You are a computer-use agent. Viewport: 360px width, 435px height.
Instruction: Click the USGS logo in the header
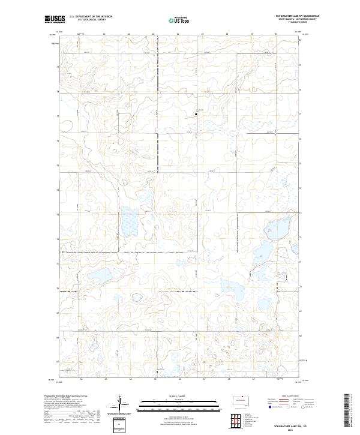(55, 19)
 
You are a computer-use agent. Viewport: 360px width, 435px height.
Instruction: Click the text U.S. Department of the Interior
(91, 17)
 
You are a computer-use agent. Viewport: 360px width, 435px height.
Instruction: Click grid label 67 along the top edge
(203, 34)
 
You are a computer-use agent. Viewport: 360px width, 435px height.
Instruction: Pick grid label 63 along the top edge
(104, 34)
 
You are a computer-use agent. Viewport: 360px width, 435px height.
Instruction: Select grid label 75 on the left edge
(58, 165)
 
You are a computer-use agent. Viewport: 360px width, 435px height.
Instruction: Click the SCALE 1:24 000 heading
(179, 396)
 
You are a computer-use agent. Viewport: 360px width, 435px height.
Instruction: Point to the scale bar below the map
(179, 406)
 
